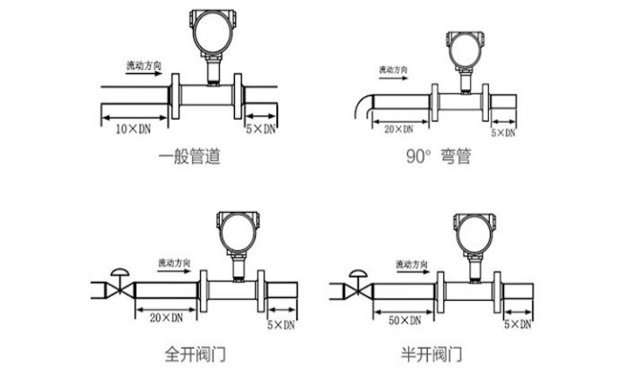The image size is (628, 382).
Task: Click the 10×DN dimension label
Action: point(133,129)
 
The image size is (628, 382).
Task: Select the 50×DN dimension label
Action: point(405,321)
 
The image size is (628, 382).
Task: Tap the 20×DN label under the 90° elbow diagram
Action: point(399,129)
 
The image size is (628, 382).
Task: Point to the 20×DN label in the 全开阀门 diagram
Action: point(166,318)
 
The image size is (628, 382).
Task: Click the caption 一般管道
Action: point(190,156)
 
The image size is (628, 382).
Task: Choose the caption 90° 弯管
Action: point(438,156)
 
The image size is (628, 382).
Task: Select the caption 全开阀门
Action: point(195,354)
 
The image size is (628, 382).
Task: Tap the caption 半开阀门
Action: point(431,354)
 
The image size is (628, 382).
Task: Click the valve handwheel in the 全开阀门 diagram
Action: point(120,272)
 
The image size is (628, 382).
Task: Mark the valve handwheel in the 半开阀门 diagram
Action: point(358,274)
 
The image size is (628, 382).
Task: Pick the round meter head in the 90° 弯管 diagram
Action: point(465,50)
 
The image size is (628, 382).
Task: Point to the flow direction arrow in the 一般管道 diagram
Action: point(144,73)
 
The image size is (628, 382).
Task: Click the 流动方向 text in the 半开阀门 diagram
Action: point(412,264)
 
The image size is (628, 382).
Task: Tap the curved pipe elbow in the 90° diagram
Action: point(364,105)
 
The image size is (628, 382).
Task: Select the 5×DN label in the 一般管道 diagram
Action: point(260,129)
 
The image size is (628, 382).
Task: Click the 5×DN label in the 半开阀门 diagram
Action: point(518,324)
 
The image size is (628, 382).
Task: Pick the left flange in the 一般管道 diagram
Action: point(175,96)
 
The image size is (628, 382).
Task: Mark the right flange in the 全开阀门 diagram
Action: point(260,291)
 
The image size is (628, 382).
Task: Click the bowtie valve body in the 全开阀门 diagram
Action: point(120,290)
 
